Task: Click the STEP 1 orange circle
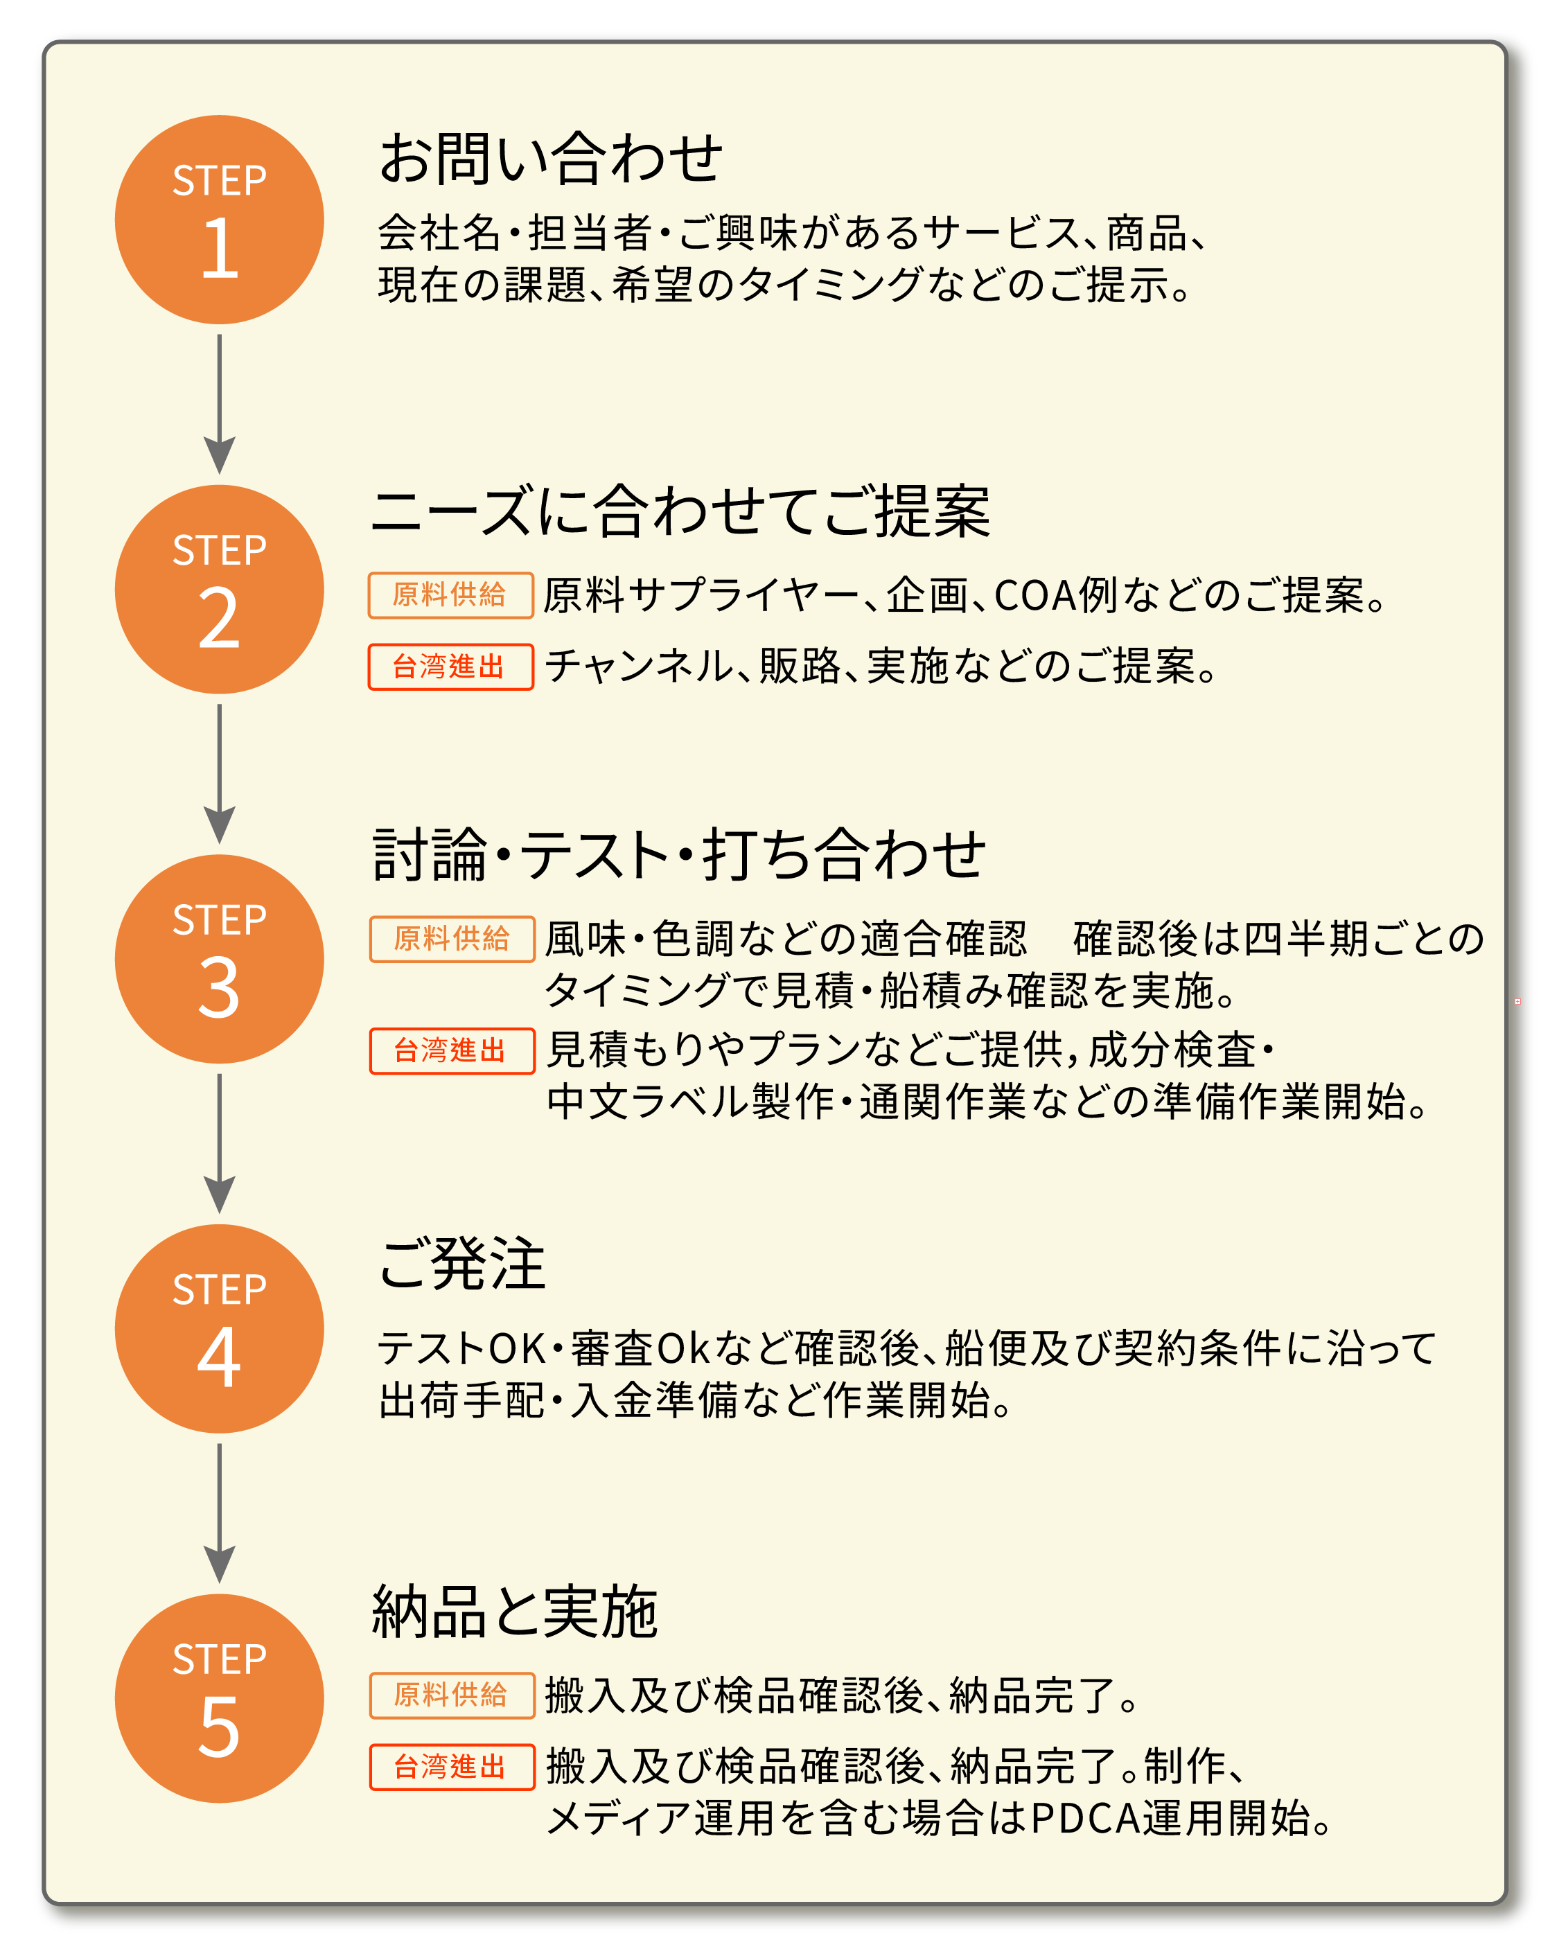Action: point(219,220)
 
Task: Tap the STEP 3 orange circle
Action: point(219,958)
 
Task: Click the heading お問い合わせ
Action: point(551,159)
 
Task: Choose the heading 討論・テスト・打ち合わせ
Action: point(679,854)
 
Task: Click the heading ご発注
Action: point(462,1263)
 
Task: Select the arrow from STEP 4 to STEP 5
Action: point(219,1512)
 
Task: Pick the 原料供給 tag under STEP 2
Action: point(450,595)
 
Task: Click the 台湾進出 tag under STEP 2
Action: point(450,667)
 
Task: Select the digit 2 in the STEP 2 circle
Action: point(219,619)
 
